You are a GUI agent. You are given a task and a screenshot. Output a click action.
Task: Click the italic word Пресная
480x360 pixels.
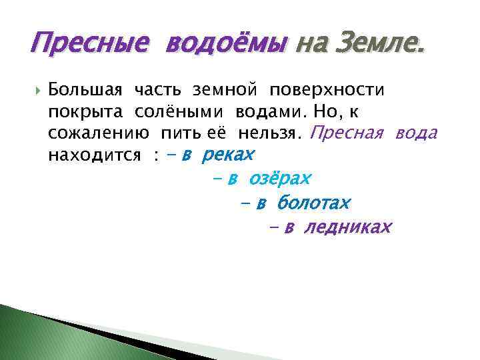pos(347,133)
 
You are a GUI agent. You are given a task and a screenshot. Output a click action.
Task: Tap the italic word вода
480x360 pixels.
pos(416,133)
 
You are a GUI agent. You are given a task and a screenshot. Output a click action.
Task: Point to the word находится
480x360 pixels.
pos(94,156)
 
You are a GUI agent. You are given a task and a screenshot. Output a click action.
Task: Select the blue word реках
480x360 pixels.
pos(227,155)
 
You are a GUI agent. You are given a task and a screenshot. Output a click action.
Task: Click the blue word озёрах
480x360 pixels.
pos(280,179)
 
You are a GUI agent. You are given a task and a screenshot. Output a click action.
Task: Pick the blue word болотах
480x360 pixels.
pos(313,203)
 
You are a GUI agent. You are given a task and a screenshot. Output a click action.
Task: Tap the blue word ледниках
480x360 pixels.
pos(347,227)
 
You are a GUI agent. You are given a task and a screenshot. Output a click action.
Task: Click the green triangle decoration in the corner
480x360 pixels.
pos(40,337)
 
